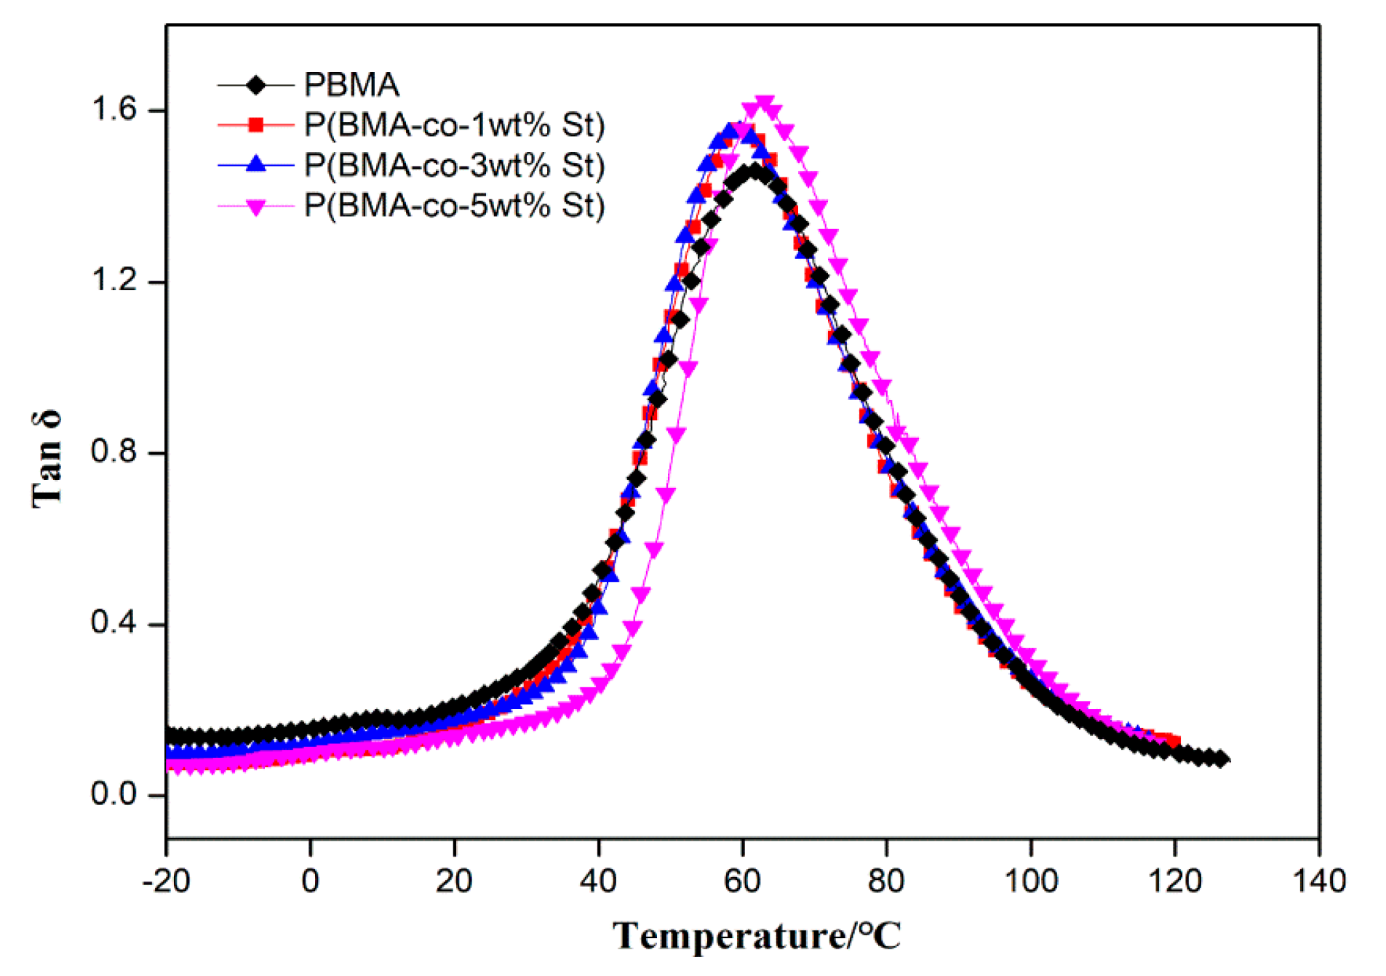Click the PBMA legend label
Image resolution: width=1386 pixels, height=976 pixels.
coord(351,85)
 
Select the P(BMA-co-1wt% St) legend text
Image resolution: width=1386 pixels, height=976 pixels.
coord(455,125)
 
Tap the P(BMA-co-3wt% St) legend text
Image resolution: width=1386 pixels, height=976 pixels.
coord(455,165)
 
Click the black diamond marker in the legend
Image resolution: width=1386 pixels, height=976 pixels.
coord(255,85)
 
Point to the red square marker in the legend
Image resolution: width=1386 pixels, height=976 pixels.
coord(255,125)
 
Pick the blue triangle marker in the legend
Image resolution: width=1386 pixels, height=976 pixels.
coord(255,164)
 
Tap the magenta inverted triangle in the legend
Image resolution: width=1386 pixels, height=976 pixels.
coord(255,207)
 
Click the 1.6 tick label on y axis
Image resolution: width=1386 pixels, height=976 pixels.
coord(114,109)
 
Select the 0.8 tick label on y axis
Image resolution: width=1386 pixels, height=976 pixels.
coord(114,452)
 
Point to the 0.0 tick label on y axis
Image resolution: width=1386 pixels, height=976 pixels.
coord(114,794)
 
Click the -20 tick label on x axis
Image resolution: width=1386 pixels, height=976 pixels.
coord(166,881)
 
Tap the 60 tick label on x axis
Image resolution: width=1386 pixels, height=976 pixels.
coord(743,881)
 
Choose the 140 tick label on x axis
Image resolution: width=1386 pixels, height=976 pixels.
coord(1319,881)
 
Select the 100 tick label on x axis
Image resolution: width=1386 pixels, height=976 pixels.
coord(1030,881)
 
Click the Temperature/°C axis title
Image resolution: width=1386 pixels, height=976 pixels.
coord(757,936)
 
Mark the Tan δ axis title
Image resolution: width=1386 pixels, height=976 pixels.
coord(48,460)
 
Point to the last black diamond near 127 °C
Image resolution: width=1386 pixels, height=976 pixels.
coord(1222,759)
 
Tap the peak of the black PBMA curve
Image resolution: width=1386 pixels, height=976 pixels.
coord(754,172)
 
